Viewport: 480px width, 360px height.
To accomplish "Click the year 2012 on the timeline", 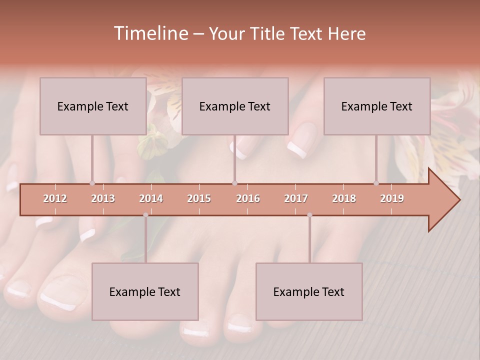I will tap(55, 198).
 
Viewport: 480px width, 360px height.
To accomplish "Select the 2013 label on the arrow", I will tap(103, 198).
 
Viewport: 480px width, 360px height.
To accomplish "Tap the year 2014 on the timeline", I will tap(151, 198).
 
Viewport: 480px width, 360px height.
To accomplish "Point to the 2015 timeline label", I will tap(199, 198).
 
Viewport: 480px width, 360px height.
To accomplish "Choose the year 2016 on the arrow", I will tap(248, 198).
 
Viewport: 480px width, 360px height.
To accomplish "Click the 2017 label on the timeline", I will tap(296, 198).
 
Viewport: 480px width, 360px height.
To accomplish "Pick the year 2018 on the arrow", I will tap(344, 198).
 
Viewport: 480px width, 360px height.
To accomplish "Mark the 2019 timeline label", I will tap(392, 198).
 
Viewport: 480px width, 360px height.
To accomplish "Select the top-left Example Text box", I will tap(93, 106).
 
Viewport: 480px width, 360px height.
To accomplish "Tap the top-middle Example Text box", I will tap(235, 106).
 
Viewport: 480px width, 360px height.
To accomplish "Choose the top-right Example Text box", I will tap(377, 106).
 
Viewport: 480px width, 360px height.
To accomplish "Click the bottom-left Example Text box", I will tap(145, 291).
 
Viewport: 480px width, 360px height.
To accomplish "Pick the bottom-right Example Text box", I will tap(309, 291).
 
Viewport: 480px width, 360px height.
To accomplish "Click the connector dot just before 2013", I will tap(92, 183).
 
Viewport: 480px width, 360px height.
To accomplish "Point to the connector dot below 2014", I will tap(145, 215).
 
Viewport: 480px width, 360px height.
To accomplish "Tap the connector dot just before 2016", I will tap(234, 183).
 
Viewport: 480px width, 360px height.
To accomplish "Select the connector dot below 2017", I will tap(309, 215).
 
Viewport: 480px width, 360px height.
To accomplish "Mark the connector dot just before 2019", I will tap(376, 183).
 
